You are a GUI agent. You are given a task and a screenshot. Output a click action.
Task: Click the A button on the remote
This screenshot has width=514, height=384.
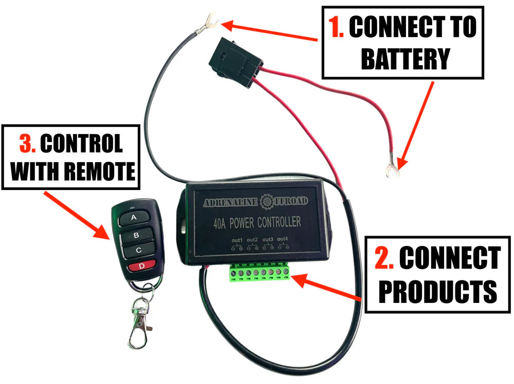click(134, 218)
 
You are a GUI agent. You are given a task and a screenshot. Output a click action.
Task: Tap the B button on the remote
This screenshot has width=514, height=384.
click(136, 236)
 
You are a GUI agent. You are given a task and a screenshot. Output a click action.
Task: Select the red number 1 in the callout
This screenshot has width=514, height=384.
click(337, 29)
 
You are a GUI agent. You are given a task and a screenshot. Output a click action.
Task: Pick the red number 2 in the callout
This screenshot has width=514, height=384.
click(383, 258)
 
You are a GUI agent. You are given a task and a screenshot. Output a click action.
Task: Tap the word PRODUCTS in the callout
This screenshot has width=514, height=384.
click(437, 291)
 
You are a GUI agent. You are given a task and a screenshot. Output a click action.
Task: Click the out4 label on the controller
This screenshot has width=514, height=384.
click(283, 239)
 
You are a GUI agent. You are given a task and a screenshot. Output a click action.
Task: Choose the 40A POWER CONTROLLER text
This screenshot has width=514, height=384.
click(256, 223)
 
